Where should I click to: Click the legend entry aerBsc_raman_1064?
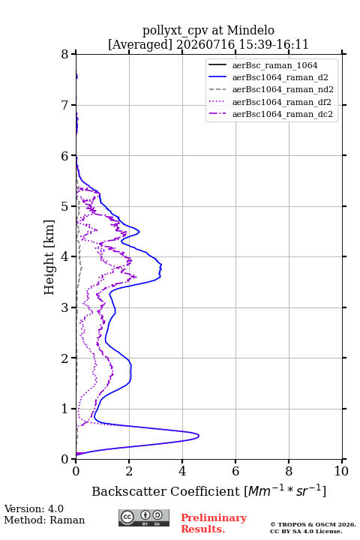[274, 65]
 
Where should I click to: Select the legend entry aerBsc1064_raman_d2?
[280, 77]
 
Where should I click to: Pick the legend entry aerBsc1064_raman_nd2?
[283, 89]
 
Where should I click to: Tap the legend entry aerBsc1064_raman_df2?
[281, 102]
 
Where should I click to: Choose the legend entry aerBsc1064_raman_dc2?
[283, 114]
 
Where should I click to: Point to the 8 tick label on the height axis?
[65, 54]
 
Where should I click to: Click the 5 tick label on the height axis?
[65, 206]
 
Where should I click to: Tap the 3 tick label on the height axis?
[65, 307]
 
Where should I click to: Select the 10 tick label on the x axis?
[341, 471]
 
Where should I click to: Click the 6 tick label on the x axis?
[235, 471]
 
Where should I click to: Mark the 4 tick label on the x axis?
[182, 471]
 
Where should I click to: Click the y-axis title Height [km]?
[49, 257]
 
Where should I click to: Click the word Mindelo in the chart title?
[250, 30]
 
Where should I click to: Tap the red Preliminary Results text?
[214, 523]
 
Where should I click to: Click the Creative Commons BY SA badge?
[144, 517]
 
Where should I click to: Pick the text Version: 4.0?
[34, 508]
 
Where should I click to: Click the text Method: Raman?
[44, 520]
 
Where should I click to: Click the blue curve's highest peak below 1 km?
[199, 436]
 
